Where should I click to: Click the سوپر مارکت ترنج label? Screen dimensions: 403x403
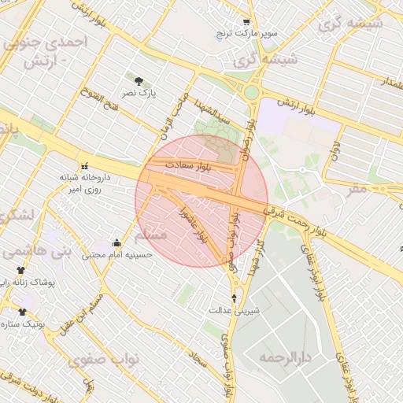click(x=246, y=35)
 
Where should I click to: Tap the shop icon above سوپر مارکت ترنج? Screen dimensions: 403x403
click(x=246, y=23)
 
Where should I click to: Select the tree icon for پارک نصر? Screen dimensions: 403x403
click(x=139, y=81)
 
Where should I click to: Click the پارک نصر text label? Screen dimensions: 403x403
click(x=139, y=93)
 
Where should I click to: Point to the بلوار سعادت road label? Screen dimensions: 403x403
click(x=187, y=165)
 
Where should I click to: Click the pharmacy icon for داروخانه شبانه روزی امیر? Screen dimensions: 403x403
click(x=84, y=166)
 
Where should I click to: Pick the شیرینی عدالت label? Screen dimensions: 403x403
click(x=234, y=310)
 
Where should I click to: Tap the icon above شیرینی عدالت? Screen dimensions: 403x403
click(x=234, y=298)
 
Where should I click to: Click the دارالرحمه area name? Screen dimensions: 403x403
click(x=286, y=358)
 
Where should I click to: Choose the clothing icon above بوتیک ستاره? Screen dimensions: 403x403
click(x=21, y=312)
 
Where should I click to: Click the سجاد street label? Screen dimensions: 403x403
click(x=198, y=361)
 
